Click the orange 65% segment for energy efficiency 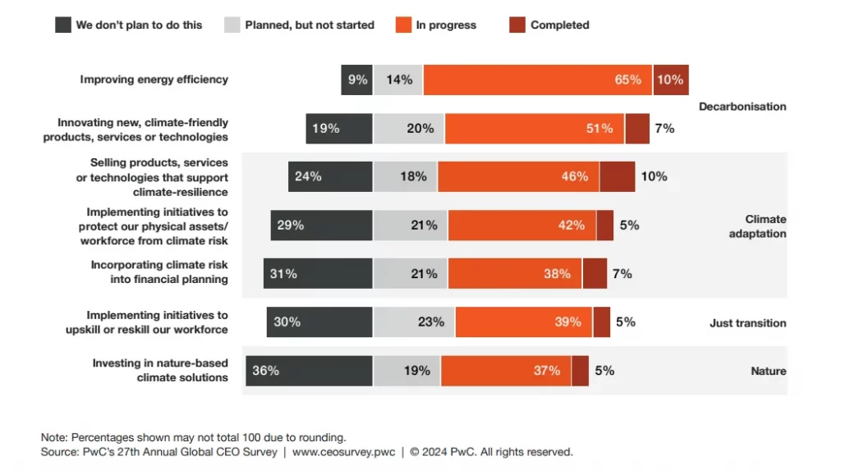pyautogui.click(x=537, y=80)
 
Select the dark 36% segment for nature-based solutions pyautogui.click(x=309, y=371)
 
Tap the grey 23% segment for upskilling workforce pyautogui.click(x=414, y=322)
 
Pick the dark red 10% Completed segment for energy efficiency pyautogui.click(x=670, y=80)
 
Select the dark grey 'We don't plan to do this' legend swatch pyautogui.click(x=63, y=25)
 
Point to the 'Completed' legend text pyautogui.click(x=559, y=25)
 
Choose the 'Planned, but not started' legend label pyautogui.click(x=310, y=25)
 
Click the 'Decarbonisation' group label pyautogui.click(x=742, y=107)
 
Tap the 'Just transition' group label pyautogui.click(x=747, y=323)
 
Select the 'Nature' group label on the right pyautogui.click(x=768, y=372)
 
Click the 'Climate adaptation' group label pyautogui.click(x=765, y=226)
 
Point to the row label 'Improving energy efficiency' pyautogui.click(x=154, y=80)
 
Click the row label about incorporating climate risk pyautogui.click(x=159, y=272)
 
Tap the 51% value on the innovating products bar pyautogui.click(x=600, y=129)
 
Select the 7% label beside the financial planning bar pyautogui.click(x=622, y=274)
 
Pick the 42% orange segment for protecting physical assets pyautogui.click(x=522, y=226)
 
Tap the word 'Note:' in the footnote pyautogui.click(x=54, y=437)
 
